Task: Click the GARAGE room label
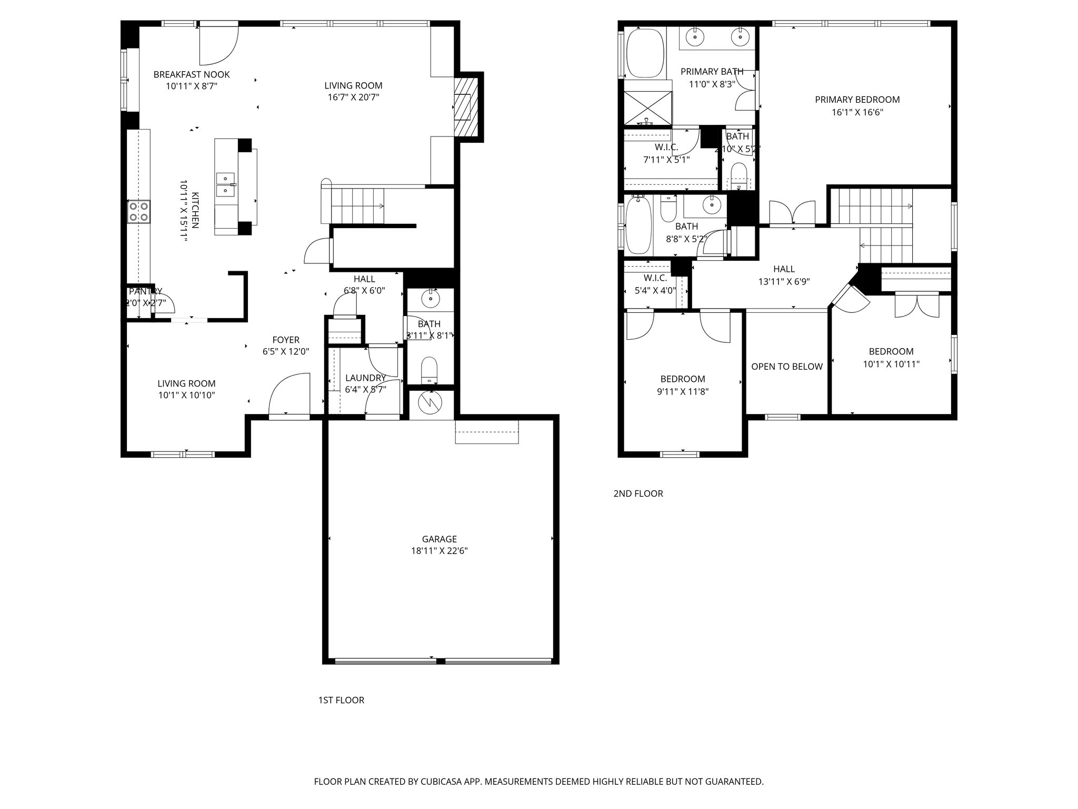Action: [439, 539]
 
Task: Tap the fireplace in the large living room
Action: [465, 107]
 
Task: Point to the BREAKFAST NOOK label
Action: [192, 75]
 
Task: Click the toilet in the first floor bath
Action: [430, 370]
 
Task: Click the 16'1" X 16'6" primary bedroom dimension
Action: [857, 112]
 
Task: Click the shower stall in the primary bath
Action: [648, 108]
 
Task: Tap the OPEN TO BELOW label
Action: [786, 367]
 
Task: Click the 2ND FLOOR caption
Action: [638, 494]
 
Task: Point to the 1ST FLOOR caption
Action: [341, 700]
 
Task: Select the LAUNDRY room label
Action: [365, 378]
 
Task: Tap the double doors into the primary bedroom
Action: [792, 214]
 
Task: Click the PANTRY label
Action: [145, 291]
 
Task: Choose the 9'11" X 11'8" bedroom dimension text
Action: [683, 391]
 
